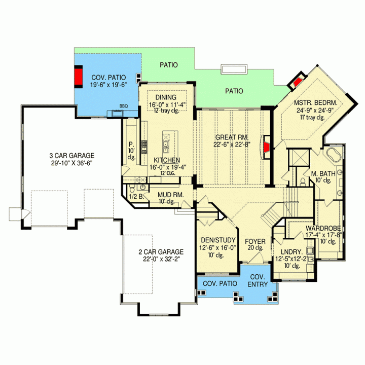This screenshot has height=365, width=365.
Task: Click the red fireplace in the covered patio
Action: pyautogui.click(x=79, y=77)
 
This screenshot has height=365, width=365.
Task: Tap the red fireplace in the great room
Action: pyautogui.click(x=267, y=147)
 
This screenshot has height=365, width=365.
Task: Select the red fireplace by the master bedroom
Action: pyautogui.click(x=297, y=82)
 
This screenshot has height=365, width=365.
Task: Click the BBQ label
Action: pyautogui.click(x=124, y=106)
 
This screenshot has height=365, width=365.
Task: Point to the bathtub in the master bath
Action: pyautogui.click(x=333, y=155)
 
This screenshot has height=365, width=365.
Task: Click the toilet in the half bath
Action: pyautogui.click(x=132, y=188)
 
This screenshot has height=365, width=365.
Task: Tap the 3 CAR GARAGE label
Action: pyautogui.click(x=71, y=156)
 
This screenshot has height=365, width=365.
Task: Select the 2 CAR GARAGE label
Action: pyautogui.click(x=161, y=252)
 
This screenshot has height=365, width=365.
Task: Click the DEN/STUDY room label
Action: pyautogui.click(x=218, y=240)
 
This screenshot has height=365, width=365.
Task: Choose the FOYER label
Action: pyautogui.click(x=255, y=242)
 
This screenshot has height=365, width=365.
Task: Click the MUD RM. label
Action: pyautogui.click(x=171, y=195)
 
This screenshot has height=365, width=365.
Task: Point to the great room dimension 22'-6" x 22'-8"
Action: pyautogui.click(x=232, y=144)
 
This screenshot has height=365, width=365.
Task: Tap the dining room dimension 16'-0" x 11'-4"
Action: pyautogui.click(x=167, y=105)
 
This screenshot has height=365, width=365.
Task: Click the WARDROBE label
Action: pyautogui.click(x=323, y=228)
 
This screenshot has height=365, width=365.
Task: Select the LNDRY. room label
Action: pyautogui.click(x=291, y=252)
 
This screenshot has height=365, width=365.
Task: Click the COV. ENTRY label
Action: pyautogui.click(x=258, y=280)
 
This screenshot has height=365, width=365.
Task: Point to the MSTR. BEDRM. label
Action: pyautogui.click(x=315, y=102)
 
